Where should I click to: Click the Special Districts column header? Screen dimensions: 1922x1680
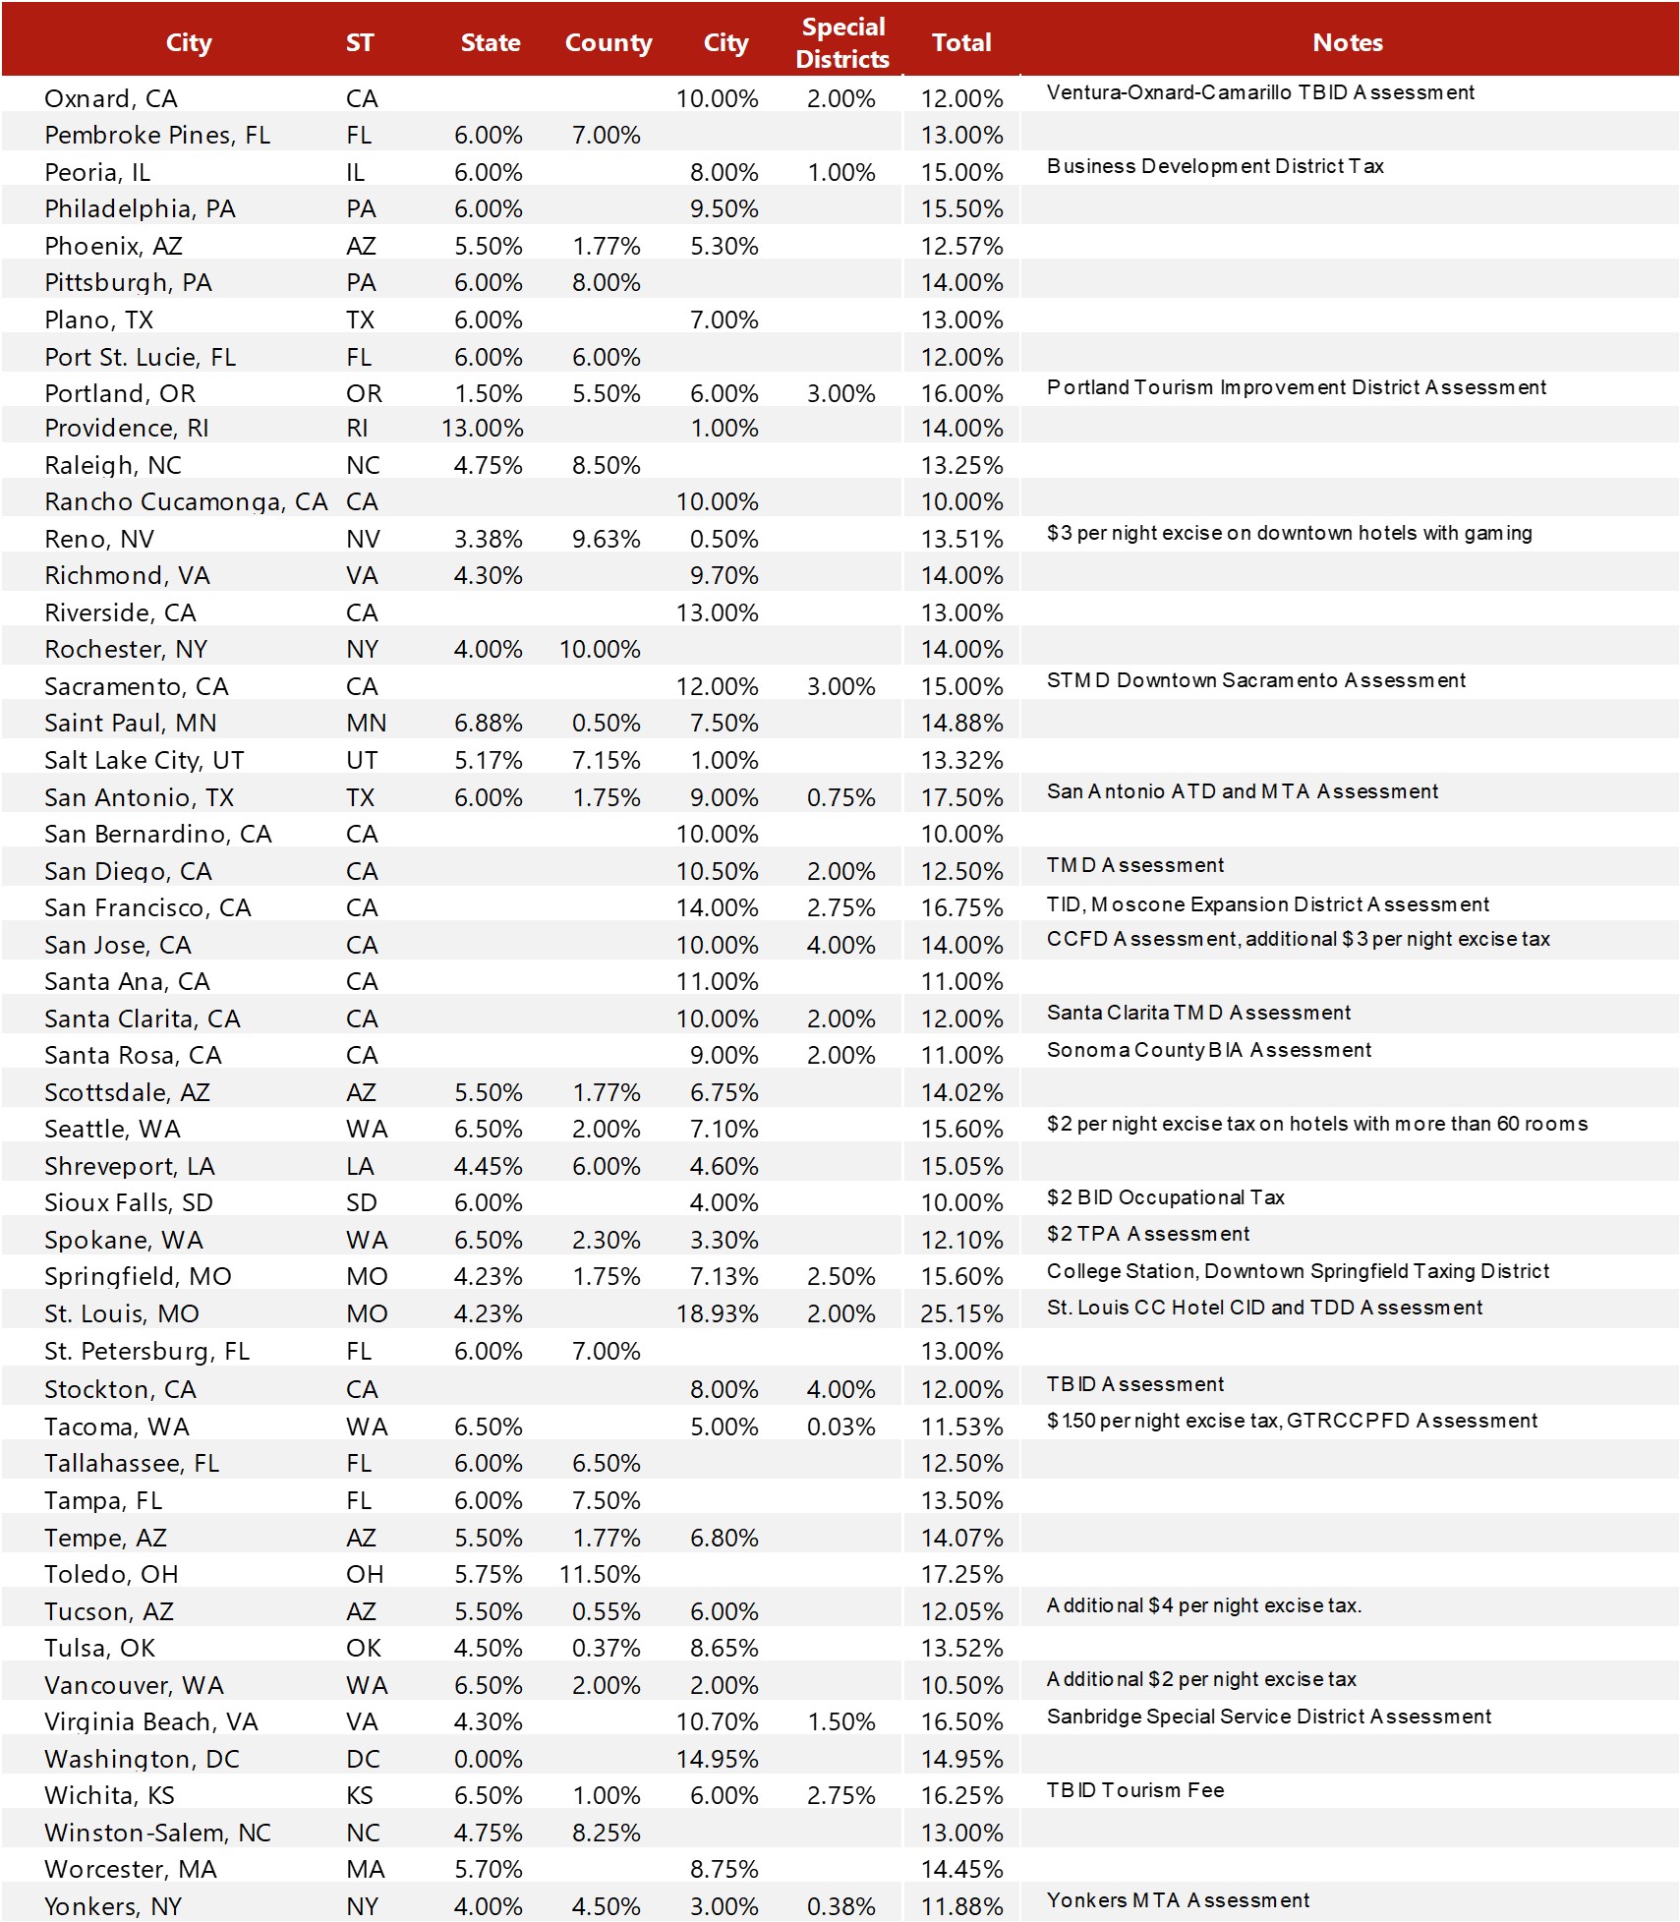tap(842, 42)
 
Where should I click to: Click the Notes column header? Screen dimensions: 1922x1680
tap(1347, 42)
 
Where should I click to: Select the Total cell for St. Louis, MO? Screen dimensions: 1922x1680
tap(961, 1313)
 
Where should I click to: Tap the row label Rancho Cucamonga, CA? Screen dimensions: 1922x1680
tap(186, 501)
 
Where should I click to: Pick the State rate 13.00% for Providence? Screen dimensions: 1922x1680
tap(482, 428)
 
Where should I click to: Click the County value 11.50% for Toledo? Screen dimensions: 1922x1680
tap(600, 1574)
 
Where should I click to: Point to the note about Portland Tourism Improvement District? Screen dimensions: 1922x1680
tap(1296, 387)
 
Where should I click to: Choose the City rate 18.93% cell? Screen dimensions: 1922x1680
tap(717, 1313)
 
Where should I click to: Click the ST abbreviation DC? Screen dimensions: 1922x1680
tap(362, 1759)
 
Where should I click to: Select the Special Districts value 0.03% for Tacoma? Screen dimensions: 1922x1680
tap(840, 1427)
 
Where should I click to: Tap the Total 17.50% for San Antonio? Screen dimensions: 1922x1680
tap(961, 797)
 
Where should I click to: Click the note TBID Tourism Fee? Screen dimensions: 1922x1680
tap(1134, 1790)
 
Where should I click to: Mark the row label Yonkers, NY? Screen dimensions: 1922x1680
tap(113, 1906)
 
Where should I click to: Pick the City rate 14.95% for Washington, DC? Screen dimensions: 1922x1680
tap(717, 1759)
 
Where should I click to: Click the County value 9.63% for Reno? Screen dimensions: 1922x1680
tap(606, 539)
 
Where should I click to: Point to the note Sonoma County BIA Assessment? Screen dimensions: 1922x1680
tap(1208, 1050)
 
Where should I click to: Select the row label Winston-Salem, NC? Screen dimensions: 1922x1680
tap(157, 1833)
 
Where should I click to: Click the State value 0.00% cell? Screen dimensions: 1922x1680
tap(488, 1759)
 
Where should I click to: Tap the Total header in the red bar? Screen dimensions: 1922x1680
tap(960, 42)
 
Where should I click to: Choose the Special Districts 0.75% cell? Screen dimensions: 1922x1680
tap(840, 797)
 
